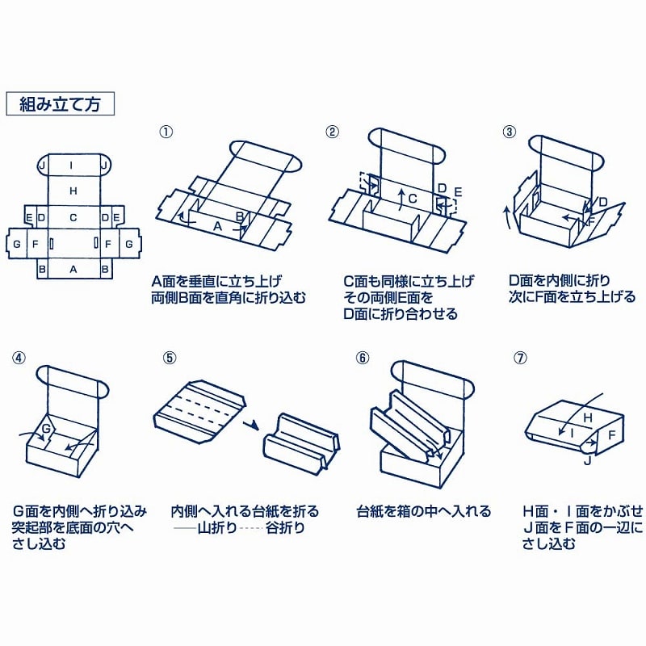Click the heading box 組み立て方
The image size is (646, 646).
point(61,104)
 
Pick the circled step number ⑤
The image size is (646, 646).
point(167,356)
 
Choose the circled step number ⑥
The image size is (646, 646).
point(363,356)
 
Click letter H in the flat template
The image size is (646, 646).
point(73,191)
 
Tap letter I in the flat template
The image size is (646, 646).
point(73,166)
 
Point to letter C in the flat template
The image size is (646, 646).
point(73,217)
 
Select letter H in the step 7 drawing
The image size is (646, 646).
point(587,417)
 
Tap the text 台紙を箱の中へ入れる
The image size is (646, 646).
point(423,511)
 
